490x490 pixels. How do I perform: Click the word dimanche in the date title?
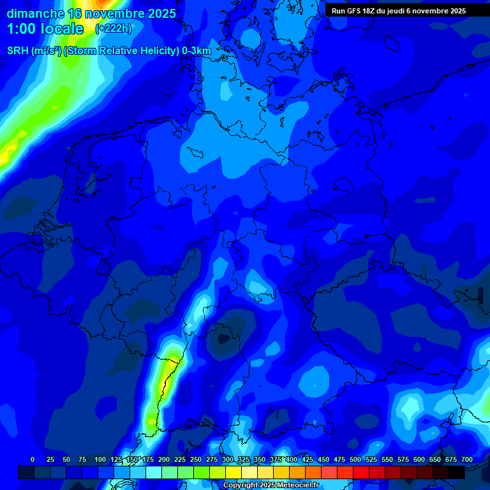35,13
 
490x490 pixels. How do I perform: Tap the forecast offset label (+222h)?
114,29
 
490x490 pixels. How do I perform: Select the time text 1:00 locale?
45,29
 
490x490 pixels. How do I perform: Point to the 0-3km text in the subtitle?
197,50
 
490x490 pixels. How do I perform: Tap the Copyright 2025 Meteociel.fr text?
271,486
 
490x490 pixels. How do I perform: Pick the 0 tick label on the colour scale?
33,459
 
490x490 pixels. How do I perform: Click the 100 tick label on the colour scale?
100,459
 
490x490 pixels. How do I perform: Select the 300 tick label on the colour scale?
228,459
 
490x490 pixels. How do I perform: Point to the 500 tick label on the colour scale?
355,459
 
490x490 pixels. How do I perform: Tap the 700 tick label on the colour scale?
467,459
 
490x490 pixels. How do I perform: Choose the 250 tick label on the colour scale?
196,459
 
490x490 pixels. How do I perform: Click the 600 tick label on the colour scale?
419,459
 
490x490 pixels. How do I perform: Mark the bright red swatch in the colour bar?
361,472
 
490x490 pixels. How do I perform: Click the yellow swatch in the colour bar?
234,472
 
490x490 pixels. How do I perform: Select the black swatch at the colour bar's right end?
457,472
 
